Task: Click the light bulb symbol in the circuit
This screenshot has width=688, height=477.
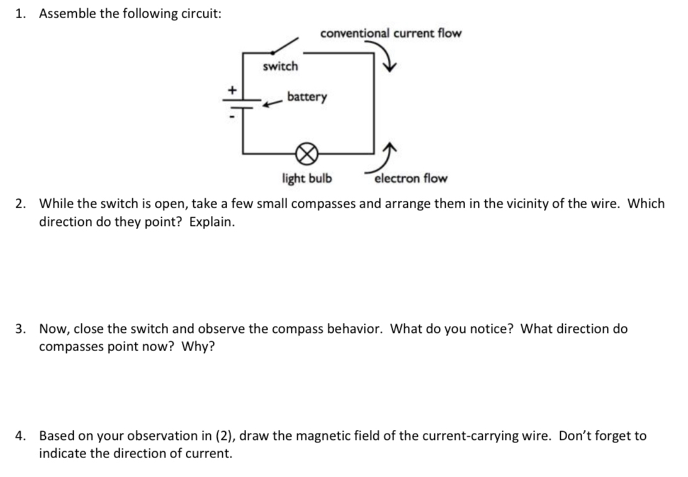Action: click(307, 152)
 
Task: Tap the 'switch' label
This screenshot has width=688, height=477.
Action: click(280, 67)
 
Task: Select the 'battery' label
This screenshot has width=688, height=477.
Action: click(307, 97)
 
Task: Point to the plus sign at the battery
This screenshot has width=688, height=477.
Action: click(232, 91)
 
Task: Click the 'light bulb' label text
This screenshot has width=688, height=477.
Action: click(307, 179)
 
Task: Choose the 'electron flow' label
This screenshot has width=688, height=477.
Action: click(411, 179)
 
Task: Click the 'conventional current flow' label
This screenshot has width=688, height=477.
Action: click(390, 33)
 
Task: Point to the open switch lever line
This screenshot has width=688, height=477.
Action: click(283, 47)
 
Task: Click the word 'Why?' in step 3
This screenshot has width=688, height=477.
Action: click(198, 347)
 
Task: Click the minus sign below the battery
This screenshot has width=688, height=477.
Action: click(232, 117)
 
